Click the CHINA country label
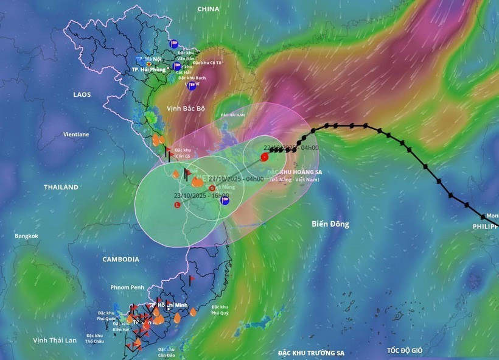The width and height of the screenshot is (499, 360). point(208,9)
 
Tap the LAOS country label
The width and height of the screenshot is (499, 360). point(82,95)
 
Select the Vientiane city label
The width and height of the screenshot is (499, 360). point(76,134)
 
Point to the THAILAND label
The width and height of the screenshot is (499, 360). point(60,187)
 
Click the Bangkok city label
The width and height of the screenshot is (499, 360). point(27,236)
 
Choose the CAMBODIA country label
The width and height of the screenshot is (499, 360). point(120,259)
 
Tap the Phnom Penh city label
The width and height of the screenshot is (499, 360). point(127,287)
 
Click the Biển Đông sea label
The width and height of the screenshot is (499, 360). point(331,224)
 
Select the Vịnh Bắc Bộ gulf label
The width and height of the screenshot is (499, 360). point(186,108)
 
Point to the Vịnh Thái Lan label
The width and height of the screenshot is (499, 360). point(55,340)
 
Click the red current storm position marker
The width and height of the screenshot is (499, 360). point(264,157)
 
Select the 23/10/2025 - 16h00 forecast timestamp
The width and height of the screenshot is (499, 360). point(201,196)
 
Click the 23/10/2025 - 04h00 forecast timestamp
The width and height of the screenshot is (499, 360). point(236,178)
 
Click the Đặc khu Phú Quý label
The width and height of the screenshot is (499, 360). point(220,309)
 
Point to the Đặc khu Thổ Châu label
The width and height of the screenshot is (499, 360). point(94,338)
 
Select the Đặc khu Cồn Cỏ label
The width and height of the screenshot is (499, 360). point(183,152)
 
